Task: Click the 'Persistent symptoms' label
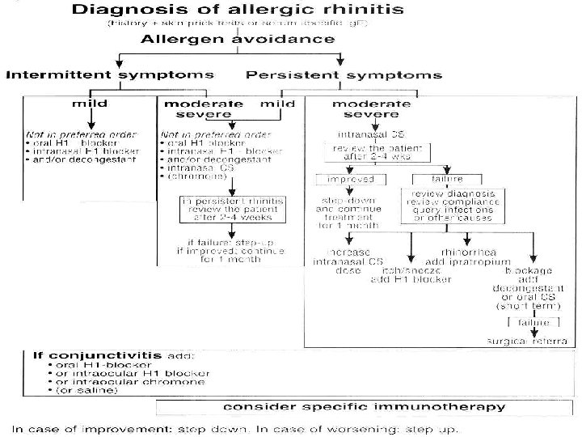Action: coord(344,75)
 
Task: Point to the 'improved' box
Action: coord(344,179)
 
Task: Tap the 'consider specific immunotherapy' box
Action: coord(365,406)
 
